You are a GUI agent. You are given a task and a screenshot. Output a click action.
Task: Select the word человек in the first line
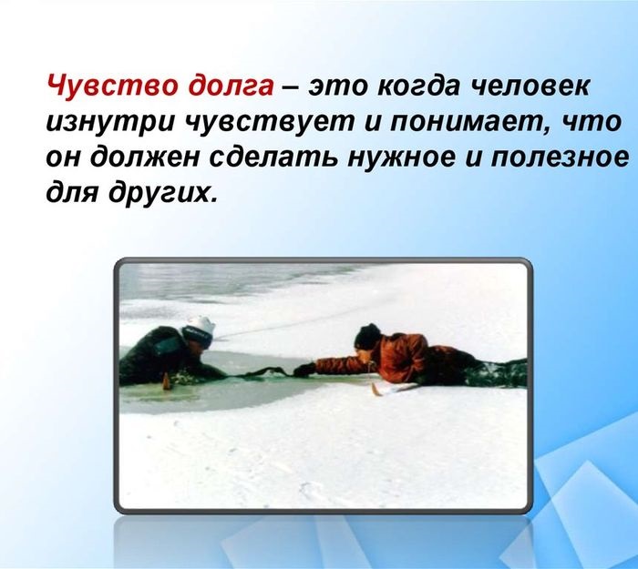[531, 86]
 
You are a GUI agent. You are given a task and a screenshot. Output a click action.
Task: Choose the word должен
[145, 157]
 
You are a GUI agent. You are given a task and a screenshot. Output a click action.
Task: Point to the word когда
[421, 86]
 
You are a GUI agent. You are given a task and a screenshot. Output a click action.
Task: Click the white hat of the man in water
[200, 330]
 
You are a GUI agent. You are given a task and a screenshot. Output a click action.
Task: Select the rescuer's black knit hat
[367, 336]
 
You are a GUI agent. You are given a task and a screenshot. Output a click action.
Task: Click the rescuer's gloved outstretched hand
[304, 371]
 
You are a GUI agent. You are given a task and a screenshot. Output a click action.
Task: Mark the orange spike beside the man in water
[165, 382]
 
